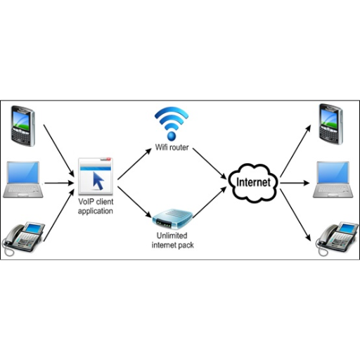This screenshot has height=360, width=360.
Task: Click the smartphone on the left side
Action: (x=23, y=126)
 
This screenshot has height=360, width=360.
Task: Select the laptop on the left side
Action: (x=23, y=179)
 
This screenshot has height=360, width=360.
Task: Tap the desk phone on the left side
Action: (x=23, y=238)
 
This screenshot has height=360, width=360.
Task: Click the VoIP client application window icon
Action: (x=96, y=176)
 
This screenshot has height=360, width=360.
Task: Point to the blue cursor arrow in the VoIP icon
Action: (x=98, y=181)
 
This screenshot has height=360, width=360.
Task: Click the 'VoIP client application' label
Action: (x=96, y=206)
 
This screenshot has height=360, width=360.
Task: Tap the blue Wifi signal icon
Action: (x=172, y=124)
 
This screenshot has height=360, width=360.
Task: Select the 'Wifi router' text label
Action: (x=172, y=148)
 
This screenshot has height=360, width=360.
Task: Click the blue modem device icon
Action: (x=172, y=219)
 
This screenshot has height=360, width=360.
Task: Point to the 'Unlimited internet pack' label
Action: (x=173, y=240)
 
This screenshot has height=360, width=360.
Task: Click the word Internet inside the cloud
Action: (x=253, y=182)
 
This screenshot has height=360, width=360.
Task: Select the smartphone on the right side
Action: (x=331, y=124)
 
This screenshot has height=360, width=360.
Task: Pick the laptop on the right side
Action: (x=333, y=179)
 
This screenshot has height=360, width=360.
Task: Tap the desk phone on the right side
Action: (x=337, y=239)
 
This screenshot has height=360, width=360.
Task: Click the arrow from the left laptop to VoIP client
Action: (x=59, y=183)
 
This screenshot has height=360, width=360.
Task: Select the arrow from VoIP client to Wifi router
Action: (x=134, y=164)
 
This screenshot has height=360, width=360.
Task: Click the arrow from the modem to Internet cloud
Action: (x=210, y=202)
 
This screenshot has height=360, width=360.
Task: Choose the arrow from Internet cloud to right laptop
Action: (x=295, y=183)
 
